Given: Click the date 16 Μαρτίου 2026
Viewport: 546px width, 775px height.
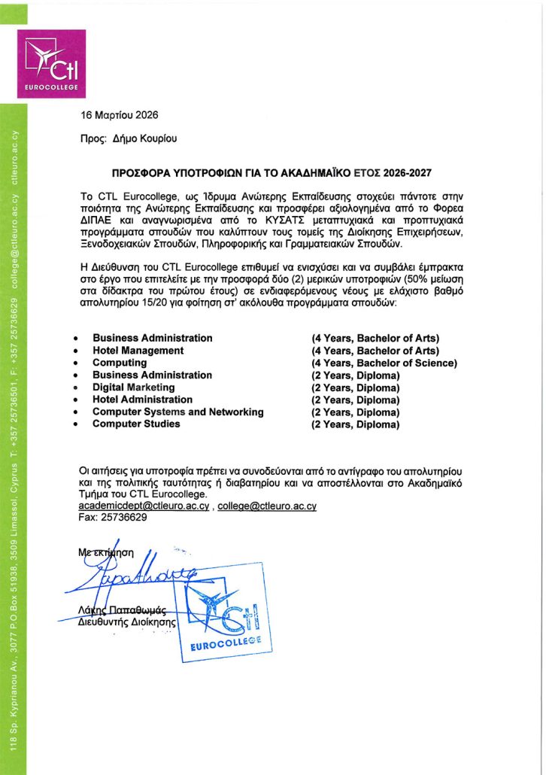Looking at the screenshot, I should (120, 115).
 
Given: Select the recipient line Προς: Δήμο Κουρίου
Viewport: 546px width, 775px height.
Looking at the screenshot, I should (129, 138).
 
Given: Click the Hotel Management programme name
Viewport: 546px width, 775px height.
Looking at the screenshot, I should (138, 351).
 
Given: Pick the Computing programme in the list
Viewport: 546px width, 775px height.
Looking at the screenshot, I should (120, 363).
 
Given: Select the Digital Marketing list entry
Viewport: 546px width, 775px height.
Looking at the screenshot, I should (133, 387).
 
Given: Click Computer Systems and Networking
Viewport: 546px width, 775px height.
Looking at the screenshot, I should (177, 412).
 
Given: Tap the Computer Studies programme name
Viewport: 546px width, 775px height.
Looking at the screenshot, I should (136, 424).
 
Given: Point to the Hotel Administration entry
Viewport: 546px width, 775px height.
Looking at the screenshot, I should (142, 400).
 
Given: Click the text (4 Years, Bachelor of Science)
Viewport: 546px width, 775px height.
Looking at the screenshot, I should (384, 363).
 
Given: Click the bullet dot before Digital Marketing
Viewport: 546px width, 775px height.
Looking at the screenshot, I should (76, 388).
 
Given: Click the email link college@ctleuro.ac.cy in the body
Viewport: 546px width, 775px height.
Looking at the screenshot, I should (271, 506).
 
